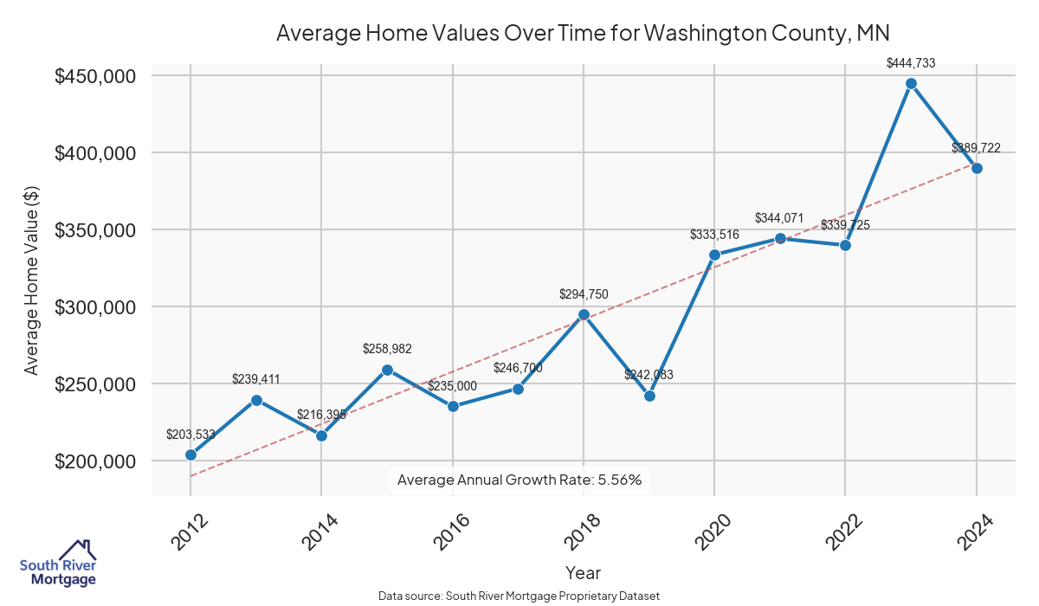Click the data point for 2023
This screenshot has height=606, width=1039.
(911, 84)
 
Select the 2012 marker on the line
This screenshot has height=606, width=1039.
(190, 455)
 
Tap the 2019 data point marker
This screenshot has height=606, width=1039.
(649, 396)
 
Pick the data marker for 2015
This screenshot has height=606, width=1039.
(387, 370)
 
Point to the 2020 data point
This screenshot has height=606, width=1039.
(715, 255)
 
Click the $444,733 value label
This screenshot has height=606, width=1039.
(911, 63)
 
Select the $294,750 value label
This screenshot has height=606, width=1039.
(584, 294)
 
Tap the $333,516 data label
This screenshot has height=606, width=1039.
(715, 235)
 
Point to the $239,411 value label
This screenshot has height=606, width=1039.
(256, 379)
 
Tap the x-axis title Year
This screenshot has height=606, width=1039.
(583, 572)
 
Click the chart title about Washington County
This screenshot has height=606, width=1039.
(583, 33)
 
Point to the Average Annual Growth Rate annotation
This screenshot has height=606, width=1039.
(519, 480)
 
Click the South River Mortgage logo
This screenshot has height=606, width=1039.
(58, 564)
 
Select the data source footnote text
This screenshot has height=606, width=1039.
(519, 596)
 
